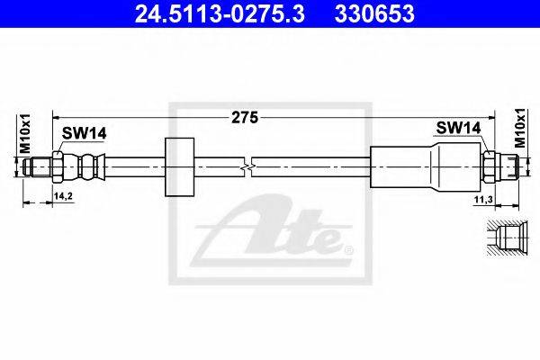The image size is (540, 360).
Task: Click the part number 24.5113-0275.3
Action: (220, 13)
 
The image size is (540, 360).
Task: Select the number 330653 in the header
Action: (374, 13)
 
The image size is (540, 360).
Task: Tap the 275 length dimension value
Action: (245, 118)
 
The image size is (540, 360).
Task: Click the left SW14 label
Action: (84, 133)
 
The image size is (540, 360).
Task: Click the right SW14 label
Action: (458, 128)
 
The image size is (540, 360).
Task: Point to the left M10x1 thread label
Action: (25, 134)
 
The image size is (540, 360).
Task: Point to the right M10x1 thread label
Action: (520, 128)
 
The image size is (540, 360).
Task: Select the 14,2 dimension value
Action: (63, 196)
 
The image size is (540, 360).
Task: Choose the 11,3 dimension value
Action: (484, 199)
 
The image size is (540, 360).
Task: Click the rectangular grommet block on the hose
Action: (179, 167)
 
